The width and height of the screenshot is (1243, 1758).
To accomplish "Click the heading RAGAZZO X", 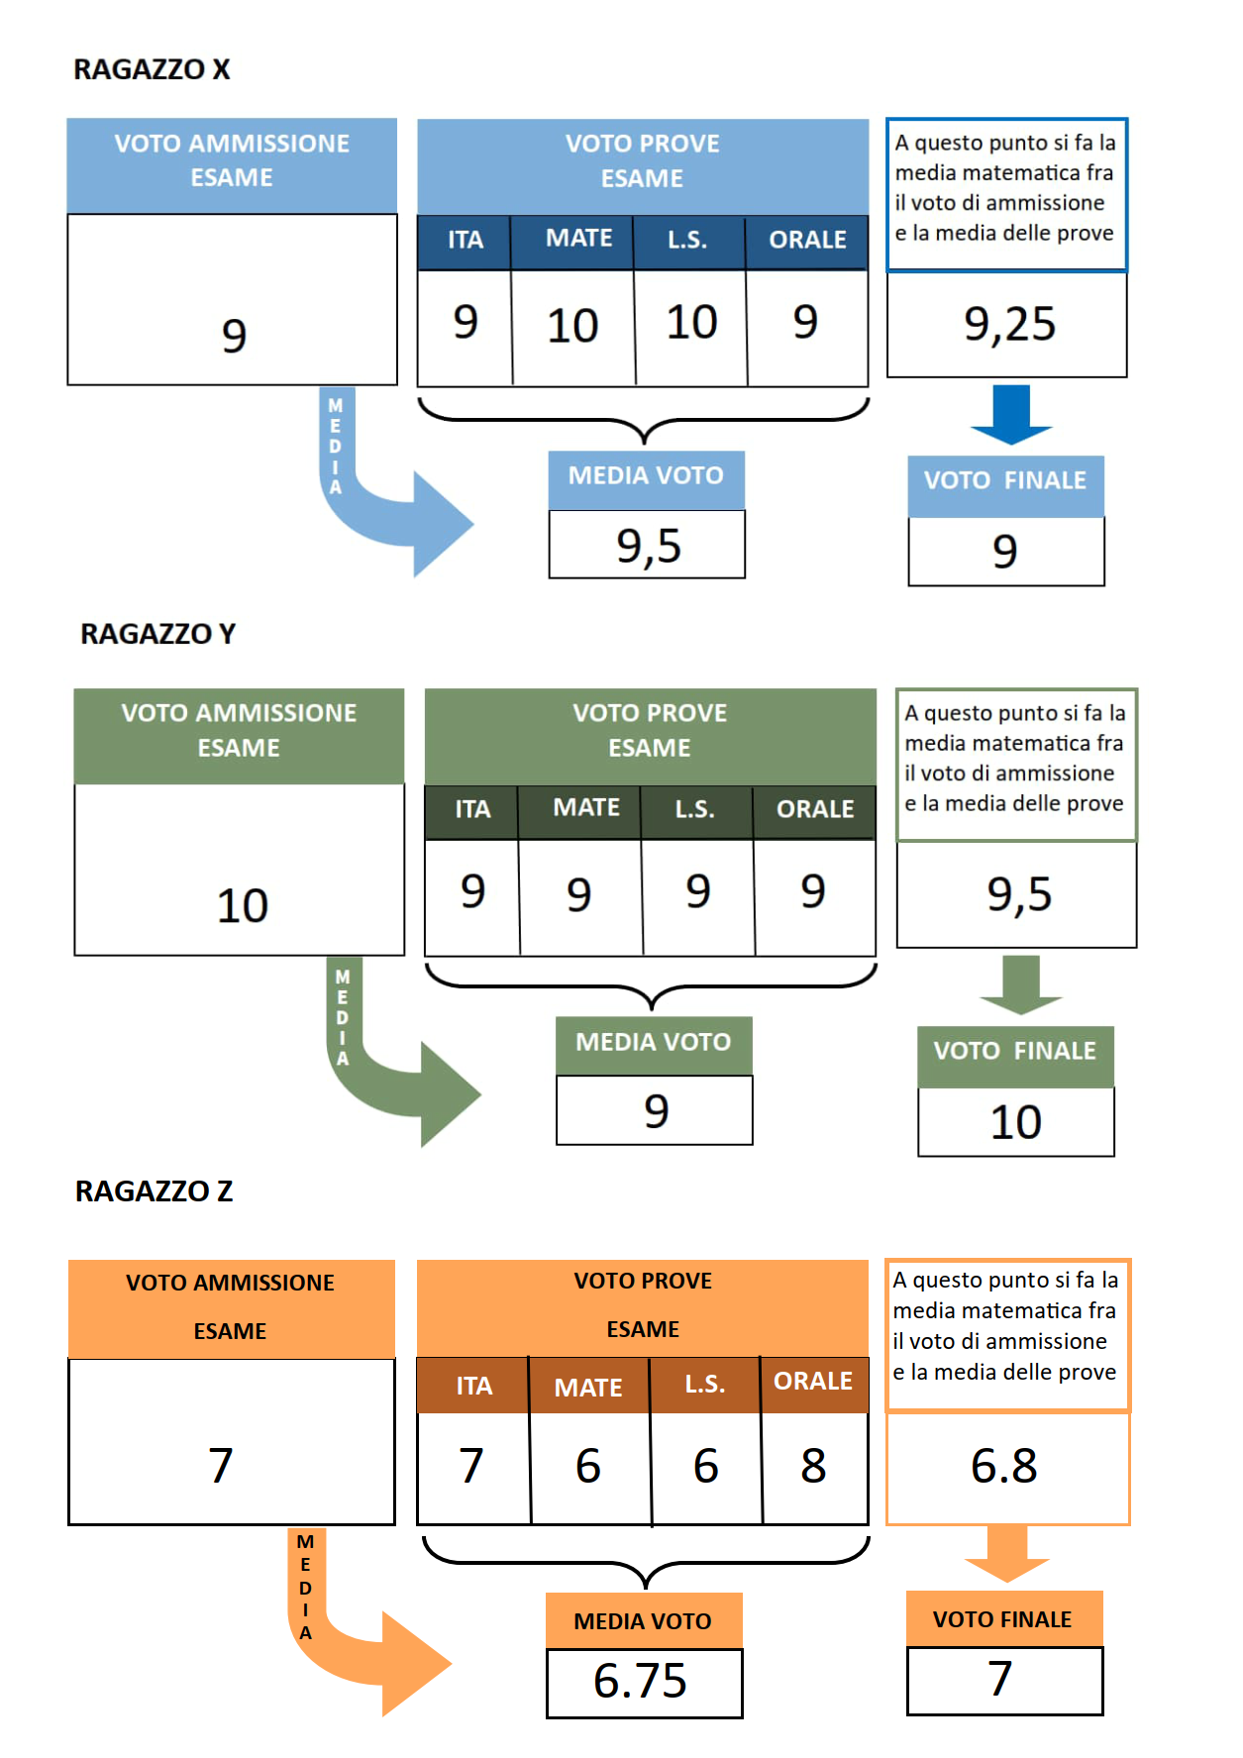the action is click(152, 69).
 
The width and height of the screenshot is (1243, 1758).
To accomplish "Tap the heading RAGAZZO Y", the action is click(158, 634).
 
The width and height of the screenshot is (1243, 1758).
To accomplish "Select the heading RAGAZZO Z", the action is click(155, 1191).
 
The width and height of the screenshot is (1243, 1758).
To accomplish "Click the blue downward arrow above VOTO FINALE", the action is click(1010, 414).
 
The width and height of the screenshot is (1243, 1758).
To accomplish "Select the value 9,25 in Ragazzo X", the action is click(1009, 325).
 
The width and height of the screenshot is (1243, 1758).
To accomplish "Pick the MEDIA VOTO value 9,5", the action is click(649, 546).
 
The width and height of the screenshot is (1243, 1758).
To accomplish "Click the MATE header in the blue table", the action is click(579, 239).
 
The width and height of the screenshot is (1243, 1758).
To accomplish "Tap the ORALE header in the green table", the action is click(815, 809).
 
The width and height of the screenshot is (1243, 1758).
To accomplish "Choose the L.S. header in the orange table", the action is click(705, 1384).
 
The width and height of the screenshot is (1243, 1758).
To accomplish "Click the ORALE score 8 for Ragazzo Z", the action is click(813, 1466).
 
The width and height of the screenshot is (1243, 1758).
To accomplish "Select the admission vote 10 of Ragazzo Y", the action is click(243, 905).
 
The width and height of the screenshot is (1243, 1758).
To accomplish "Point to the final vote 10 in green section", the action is click(1016, 1122).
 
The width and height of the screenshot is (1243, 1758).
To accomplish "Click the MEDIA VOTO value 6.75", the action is click(640, 1681).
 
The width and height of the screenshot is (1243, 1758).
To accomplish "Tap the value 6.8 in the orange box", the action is click(1004, 1466).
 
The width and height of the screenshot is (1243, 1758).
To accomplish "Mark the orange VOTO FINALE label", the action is click(1002, 1619).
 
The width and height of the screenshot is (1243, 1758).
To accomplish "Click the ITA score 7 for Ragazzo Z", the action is click(471, 1466).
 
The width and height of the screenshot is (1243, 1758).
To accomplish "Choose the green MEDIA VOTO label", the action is click(654, 1042).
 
